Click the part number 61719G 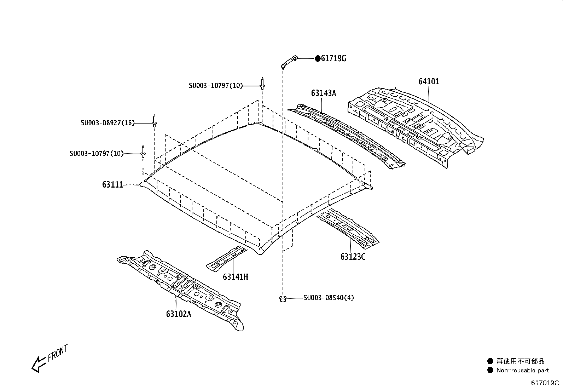pos(333,59)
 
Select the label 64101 pos(429,81)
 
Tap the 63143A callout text pos(323,93)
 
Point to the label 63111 pos(112,184)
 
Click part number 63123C pos(353,257)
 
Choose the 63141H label pos(235,277)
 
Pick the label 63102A pos(178,314)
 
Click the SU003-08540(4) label pos(328,298)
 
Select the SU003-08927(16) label pos(108,123)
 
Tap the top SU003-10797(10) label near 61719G pos(215,86)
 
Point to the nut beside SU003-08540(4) pos(282,299)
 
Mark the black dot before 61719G pos(318,59)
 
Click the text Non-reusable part pos(522,370)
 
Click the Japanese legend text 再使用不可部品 pos(520,361)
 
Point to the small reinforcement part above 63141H pos(226,258)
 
